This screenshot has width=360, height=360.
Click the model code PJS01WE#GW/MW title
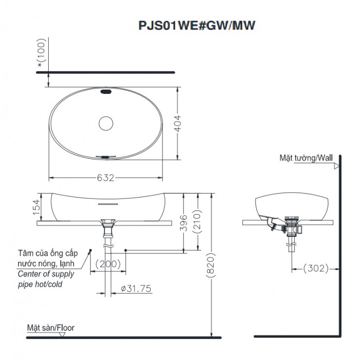point(196,25)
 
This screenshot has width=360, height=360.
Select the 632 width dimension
point(106,178)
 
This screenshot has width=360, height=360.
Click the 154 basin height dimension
point(42,206)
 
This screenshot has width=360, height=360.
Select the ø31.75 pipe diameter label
point(136,289)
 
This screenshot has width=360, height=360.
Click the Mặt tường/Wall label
point(306,158)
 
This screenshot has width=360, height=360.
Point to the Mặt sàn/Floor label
point(51,328)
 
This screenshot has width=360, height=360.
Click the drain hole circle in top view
point(106,124)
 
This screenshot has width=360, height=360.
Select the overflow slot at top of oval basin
point(106,91)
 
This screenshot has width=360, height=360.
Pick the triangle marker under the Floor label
point(61,334)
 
